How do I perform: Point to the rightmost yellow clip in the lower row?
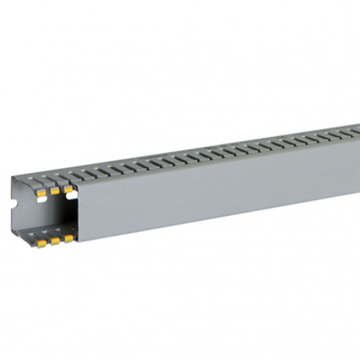coord(68,237)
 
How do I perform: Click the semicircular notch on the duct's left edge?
coord(14,214)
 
